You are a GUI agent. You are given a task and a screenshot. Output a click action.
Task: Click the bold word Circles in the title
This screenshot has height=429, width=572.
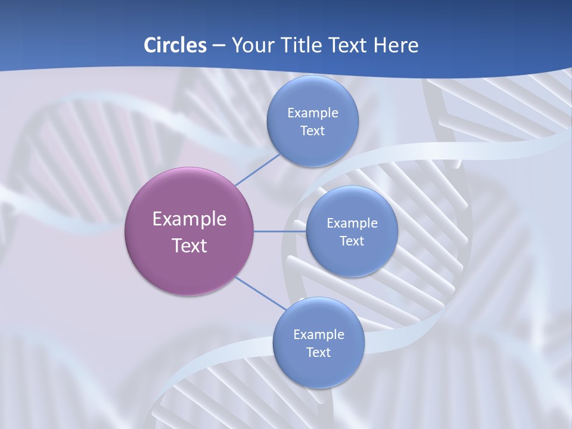click(x=175, y=45)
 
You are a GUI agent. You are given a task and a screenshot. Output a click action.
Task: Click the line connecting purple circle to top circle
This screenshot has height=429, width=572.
click(x=257, y=169)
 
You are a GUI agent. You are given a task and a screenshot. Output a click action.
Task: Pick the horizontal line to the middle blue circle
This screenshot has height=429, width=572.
click(x=279, y=231)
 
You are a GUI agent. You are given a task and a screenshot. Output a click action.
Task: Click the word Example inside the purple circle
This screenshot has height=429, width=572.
click(x=189, y=219)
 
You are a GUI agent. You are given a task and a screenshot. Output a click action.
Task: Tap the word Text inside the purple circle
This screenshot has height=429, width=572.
click(x=189, y=245)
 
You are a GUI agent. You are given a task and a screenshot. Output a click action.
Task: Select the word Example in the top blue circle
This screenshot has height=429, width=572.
click(x=312, y=113)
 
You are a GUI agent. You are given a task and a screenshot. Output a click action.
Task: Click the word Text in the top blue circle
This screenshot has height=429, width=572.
click(x=312, y=131)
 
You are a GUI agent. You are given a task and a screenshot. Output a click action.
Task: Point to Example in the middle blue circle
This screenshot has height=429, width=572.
click(x=352, y=223)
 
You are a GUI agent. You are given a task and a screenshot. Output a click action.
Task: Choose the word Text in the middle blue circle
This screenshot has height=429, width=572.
click(x=352, y=241)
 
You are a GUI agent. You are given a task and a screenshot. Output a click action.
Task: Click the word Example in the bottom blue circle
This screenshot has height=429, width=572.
click(x=318, y=335)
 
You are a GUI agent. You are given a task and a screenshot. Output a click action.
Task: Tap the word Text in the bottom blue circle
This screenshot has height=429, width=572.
click(x=318, y=353)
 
